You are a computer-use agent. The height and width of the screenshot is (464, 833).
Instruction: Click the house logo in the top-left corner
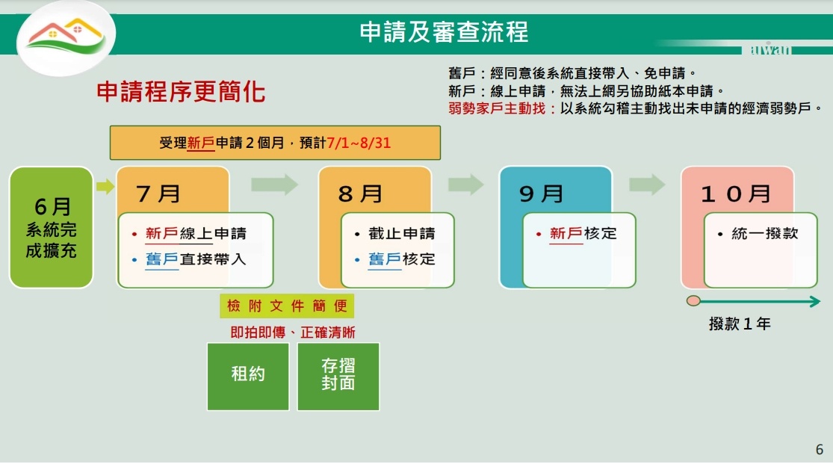66,38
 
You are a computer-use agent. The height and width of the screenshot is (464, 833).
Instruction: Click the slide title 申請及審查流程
444,32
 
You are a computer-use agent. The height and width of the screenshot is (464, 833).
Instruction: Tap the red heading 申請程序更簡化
181,91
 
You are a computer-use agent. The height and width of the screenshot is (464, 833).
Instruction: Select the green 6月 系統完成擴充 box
51,227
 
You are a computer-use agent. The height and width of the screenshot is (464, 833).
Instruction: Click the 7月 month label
158,194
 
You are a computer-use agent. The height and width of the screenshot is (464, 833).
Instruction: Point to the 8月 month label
360,194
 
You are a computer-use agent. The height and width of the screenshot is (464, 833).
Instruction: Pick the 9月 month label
542,194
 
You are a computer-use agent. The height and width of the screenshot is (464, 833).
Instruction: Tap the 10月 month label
737,194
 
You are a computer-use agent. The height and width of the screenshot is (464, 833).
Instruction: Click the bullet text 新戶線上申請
196,233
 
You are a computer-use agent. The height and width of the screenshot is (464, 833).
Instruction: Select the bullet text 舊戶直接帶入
196,259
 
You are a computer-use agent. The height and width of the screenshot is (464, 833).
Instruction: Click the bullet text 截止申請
402,233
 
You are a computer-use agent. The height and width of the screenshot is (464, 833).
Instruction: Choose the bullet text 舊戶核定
402,259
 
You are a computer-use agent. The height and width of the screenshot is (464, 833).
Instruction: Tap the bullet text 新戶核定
583,233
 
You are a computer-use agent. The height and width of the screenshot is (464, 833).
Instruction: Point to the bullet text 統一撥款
765,233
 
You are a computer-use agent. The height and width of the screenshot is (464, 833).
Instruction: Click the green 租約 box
248,377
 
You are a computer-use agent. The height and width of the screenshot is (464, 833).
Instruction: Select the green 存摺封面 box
338,377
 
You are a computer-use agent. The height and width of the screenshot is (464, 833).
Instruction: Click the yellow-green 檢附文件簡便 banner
287,306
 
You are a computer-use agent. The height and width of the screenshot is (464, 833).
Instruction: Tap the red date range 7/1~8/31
359,143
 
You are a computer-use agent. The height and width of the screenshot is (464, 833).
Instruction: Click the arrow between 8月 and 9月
466,185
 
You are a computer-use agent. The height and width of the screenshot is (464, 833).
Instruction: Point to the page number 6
820,450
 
